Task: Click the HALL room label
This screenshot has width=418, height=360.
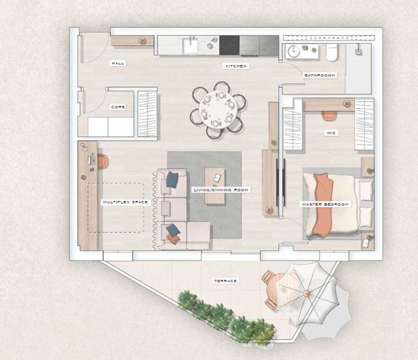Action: pos(118,63)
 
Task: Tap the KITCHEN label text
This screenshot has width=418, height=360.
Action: pos(236,66)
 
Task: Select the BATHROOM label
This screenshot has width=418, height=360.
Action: pos(319,75)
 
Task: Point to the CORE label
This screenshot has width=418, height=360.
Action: pos(118,107)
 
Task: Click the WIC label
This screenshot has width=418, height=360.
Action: pos(331,133)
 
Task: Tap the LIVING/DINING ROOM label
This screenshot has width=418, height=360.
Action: pos(220,190)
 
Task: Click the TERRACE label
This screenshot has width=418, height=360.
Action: pos(226,280)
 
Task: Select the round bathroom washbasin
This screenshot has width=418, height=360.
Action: pos(294,52)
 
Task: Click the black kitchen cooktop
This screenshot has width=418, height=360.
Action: pos(230,45)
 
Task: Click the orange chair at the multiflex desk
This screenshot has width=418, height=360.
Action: pos(102,161)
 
